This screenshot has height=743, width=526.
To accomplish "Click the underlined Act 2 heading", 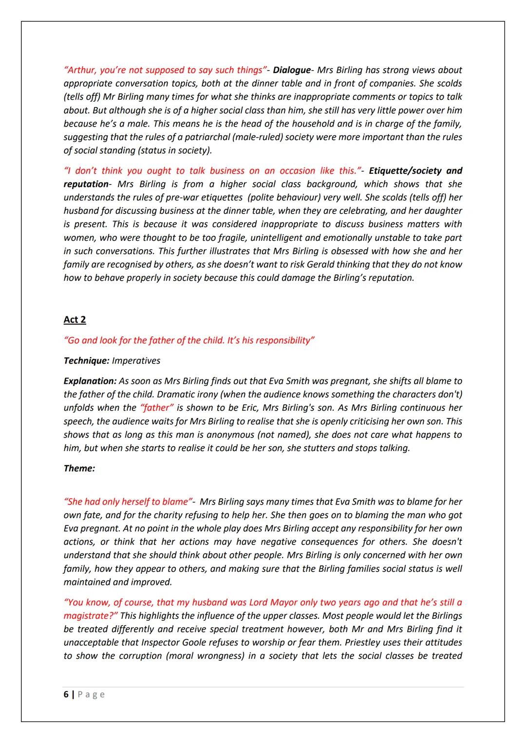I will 75,320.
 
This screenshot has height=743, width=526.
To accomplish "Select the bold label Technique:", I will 86,361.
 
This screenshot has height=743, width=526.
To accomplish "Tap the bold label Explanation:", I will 90,381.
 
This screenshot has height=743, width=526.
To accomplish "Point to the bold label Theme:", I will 79,468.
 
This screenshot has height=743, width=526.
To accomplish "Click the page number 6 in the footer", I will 66,694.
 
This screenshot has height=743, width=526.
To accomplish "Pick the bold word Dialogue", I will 291,70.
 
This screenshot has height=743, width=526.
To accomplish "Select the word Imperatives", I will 136,361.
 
